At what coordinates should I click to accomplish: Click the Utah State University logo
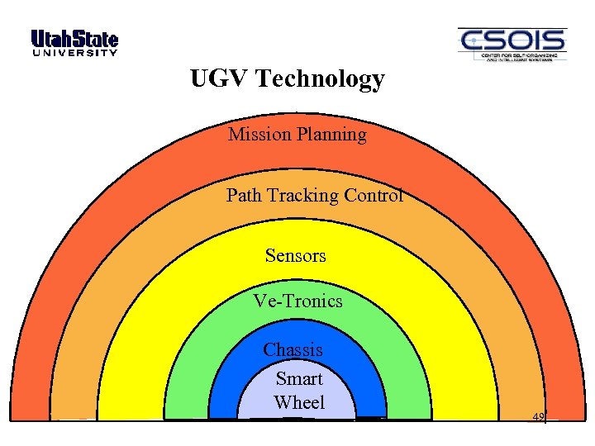(74, 44)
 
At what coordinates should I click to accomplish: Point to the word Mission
(258, 134)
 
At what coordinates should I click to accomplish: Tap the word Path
(243, 196)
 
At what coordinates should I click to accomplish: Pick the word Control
(373, 196)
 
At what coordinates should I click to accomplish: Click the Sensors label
(295, 256)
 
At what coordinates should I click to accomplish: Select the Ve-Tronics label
(297, 301)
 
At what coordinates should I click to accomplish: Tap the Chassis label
(293, 350)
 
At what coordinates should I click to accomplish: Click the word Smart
(298, 379)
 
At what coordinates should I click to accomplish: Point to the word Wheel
(299, 403)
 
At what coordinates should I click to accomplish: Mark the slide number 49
(538, 417)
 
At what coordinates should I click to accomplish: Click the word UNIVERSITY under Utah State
(74, 54)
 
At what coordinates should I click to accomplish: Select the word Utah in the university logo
(51, 39)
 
